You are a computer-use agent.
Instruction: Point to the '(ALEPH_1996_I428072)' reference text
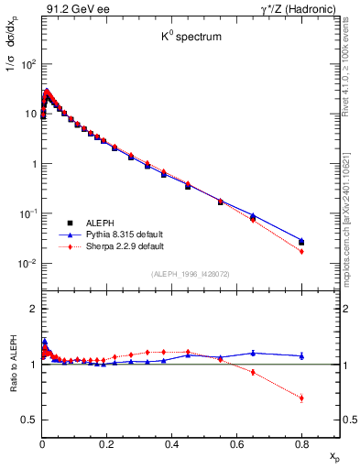tap(190, 274)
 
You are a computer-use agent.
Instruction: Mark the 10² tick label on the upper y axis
tap(27, 65)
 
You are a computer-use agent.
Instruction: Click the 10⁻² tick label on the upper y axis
tap(27, 264)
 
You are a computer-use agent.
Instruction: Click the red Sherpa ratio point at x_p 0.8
tap(301, 398)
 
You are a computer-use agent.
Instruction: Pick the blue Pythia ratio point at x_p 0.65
tap(253, 353)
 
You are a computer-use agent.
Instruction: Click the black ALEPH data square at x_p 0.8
tap(301, 243)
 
